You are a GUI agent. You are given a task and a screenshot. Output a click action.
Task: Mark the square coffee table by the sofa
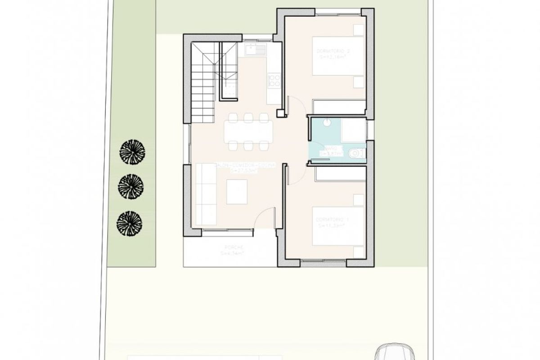click(237, 192)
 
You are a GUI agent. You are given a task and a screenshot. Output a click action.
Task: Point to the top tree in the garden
click(131, 152)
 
